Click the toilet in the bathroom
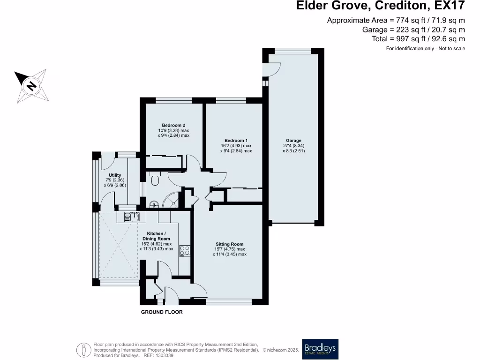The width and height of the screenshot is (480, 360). point(155,179)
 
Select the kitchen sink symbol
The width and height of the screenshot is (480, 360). point(132,217)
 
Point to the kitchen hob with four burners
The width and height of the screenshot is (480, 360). point(185,251)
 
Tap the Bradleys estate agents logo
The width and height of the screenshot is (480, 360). point(320,349)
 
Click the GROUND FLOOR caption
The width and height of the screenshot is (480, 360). point(162,312)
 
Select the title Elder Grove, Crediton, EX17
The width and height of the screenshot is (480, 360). point(381,6)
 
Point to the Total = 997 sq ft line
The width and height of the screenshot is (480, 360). point(418,39)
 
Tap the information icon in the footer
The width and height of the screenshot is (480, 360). point(83,349)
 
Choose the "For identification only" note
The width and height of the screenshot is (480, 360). point(425,48)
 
